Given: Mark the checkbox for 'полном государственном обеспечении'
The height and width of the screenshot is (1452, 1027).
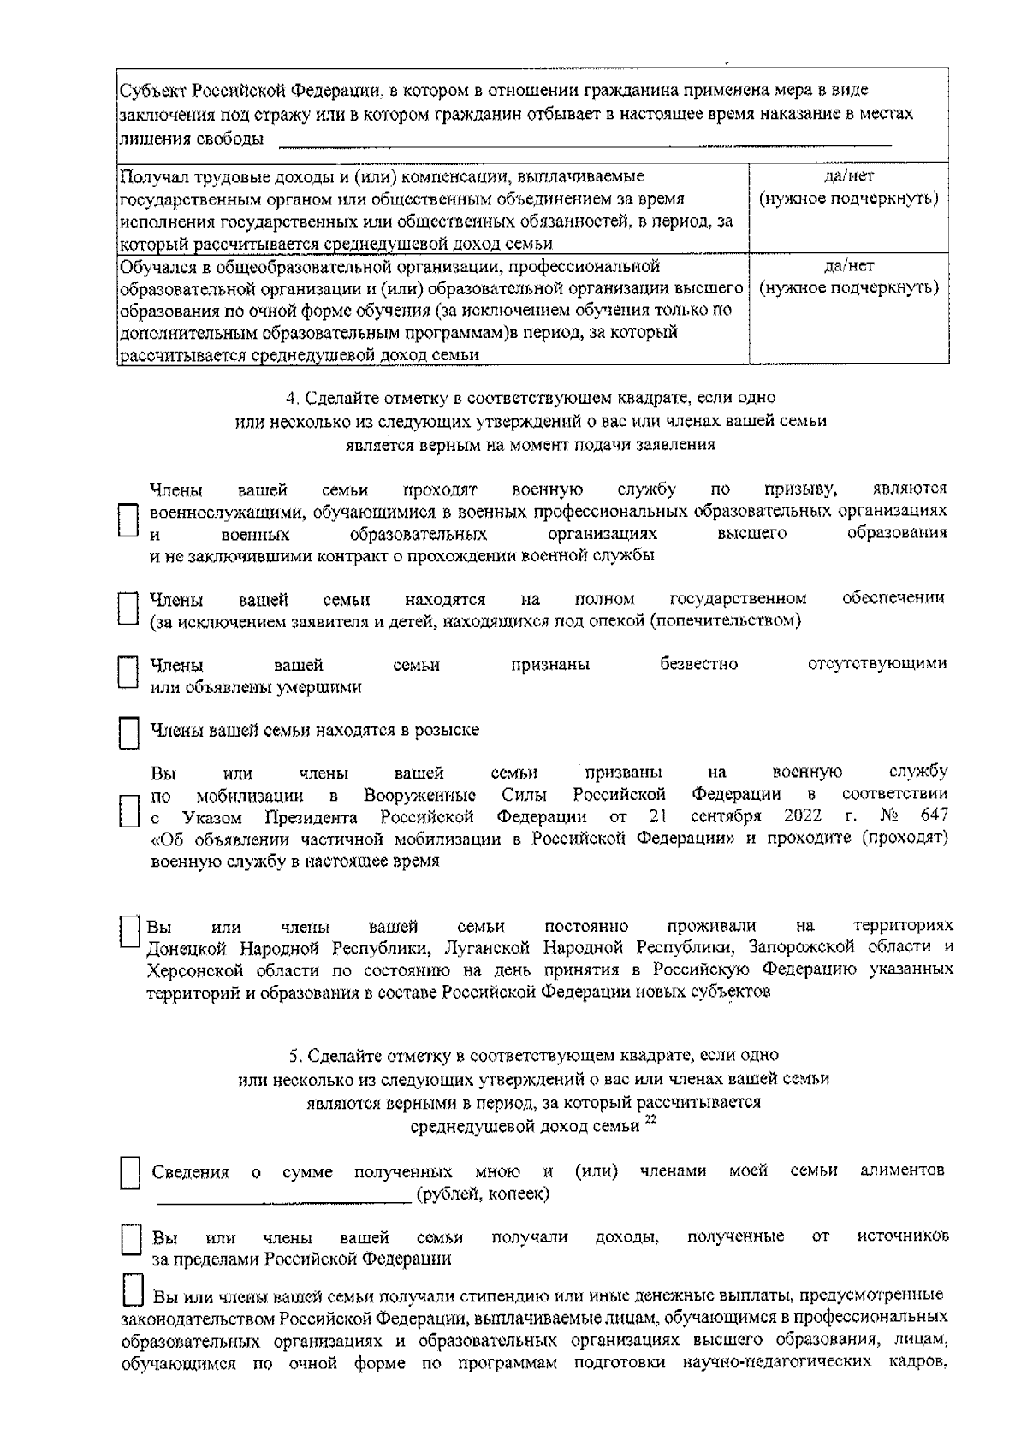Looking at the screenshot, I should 128,608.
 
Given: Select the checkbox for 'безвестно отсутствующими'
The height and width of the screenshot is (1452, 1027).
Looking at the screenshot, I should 128,673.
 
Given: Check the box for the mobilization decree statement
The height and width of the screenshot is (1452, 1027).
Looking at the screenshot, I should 128,809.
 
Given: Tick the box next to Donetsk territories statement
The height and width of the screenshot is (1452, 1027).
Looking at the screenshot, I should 128,933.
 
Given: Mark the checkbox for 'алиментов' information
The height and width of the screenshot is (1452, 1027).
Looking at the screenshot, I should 128,1174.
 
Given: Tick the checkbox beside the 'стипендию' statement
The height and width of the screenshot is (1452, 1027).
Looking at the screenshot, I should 132,1291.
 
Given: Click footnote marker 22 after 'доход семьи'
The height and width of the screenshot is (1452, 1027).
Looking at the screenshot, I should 650,1122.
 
